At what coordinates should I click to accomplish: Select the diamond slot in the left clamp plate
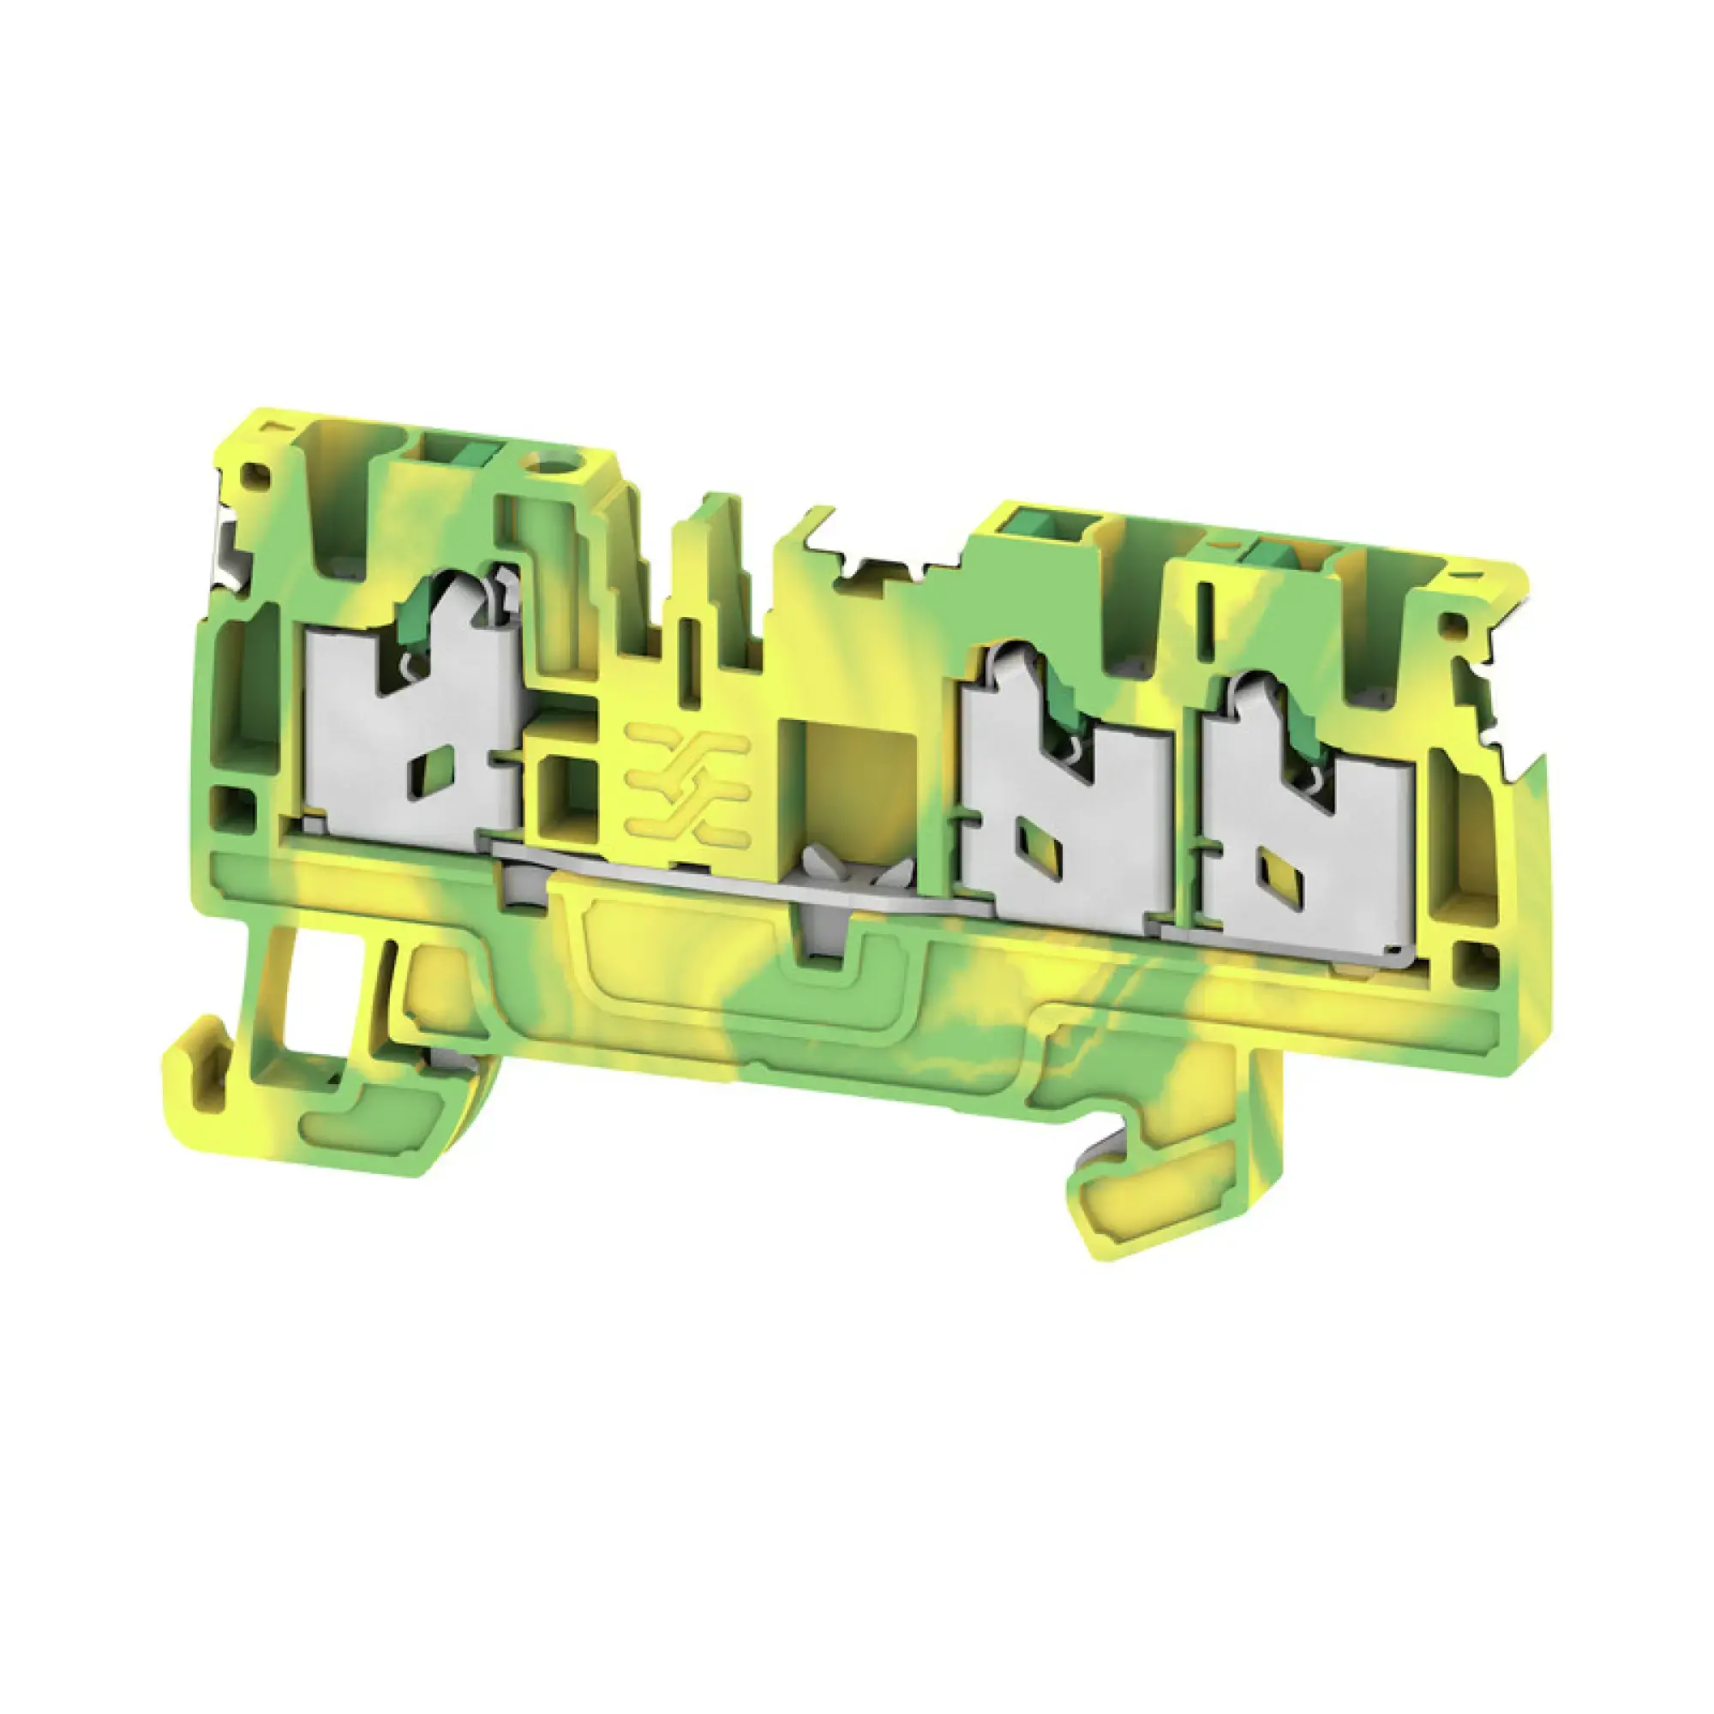coord(440,761)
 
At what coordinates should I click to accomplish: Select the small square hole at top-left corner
coord(258,476)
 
